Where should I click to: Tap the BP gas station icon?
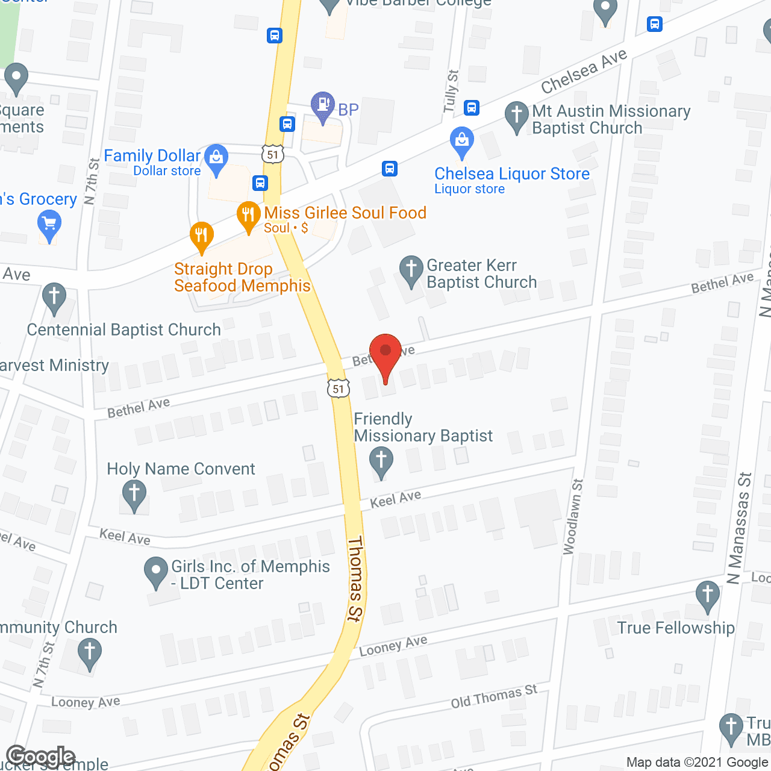click(x=323, y=106)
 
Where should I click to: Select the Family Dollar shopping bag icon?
click(x=216, y=158)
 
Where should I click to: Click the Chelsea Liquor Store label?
click(x=511, y=174)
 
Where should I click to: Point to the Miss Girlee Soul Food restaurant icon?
click(x=248, y=216)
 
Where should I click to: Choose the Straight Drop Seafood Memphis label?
click(x=242, y=277)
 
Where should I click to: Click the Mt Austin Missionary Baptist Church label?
click(x=611, y=119)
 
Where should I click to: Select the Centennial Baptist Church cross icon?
click(x=54, y=297)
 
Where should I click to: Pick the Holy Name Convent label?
click(x=181, y=469)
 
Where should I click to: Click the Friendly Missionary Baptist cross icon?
click(x=381, y=461)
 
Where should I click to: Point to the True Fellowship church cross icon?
click(x=708, y=595)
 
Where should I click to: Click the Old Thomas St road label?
click(x=494, y=696)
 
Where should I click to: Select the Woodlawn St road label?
click(x=573, y=516)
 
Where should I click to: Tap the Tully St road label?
click(x=451, y=91)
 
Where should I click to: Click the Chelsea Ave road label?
click(x=584, y=72)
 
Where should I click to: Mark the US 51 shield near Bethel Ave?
click(x=339, y=389)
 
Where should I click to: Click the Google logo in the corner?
click(x=40, y=757)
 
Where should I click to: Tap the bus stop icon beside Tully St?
click(x=472, y=108)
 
